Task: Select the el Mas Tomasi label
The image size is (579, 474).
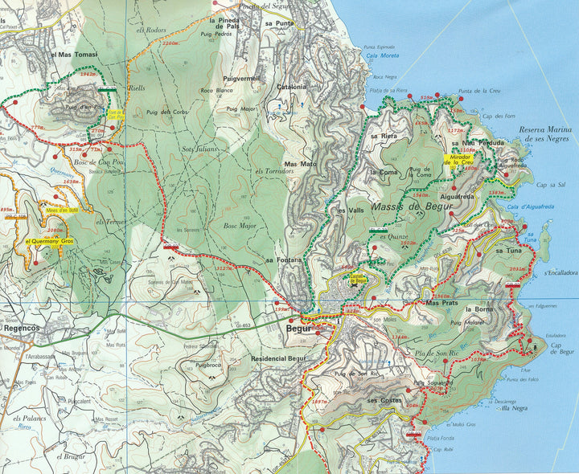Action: pos(74,55)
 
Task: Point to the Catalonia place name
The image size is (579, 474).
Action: pos(292,86)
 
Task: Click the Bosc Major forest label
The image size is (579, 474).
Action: pos(239,227)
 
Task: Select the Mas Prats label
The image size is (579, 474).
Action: pos(441,303)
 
